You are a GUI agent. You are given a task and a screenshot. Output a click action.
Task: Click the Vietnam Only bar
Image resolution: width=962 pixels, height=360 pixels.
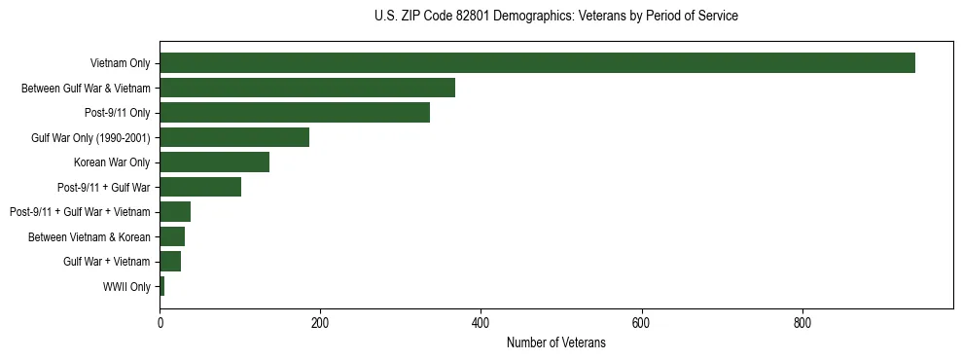point(537,63)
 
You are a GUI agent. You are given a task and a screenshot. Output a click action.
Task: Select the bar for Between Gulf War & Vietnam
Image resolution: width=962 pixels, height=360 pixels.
point(307,88)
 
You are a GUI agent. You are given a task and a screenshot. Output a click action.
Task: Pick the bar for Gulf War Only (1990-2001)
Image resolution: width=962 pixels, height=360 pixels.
point(234,137)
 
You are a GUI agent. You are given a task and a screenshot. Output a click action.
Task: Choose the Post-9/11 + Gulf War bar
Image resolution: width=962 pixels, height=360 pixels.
point(200,187)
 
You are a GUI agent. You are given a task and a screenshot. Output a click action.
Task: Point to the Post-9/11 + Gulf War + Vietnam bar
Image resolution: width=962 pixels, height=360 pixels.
point(175,212)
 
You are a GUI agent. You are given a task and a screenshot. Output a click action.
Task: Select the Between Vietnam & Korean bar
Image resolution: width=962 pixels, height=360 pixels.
point(172,236)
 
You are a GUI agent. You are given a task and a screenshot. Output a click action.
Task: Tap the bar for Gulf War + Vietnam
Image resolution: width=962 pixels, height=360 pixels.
point(170,262)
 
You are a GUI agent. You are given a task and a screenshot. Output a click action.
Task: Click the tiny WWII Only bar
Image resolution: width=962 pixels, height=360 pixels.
point(162,286)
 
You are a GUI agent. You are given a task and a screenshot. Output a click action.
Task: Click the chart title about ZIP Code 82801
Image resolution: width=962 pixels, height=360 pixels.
point(555,17)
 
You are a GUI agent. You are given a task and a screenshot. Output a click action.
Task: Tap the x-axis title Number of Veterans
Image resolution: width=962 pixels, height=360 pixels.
point(555,342)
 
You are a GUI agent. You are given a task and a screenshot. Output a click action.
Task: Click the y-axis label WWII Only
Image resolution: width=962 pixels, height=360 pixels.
point(126,287)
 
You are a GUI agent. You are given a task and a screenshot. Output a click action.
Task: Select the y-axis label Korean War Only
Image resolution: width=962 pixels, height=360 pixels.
point(112,162)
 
